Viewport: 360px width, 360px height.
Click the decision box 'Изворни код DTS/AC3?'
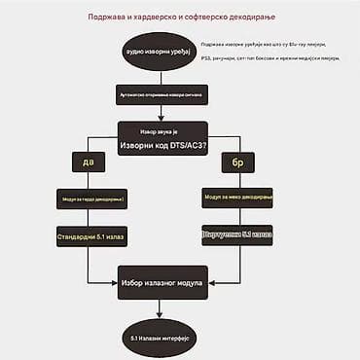pyautogui.click(x=162, y=138)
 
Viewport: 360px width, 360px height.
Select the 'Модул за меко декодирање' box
pyautogui.click(x=236, y=198)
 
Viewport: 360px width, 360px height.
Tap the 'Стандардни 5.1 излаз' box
pyautogui.click(x=91, y=235)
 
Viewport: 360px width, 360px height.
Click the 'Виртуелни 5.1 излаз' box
pyautogui.click(x=236, y=234)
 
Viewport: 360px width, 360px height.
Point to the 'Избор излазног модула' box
pyautogui.click(x=162, y=283)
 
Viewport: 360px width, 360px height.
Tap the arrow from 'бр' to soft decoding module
pyautogui.click(x=236, y=179)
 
